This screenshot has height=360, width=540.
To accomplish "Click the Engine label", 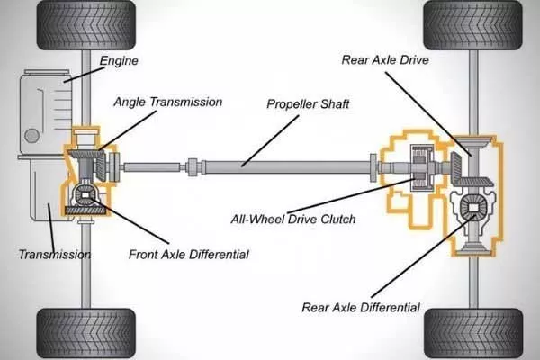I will click(119, 61).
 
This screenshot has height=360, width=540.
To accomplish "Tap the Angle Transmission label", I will click(167, 102).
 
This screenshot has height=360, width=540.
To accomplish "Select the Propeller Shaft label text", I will click(308, 103).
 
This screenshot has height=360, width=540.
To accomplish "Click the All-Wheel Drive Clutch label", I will click(292, 219).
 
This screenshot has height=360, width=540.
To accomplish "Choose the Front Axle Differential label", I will click(188, 255).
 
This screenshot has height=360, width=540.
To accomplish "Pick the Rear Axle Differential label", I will click(360, 308).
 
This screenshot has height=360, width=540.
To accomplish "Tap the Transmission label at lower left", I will click(54, 255).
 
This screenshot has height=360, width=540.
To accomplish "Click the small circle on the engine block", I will click(31, 135).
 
